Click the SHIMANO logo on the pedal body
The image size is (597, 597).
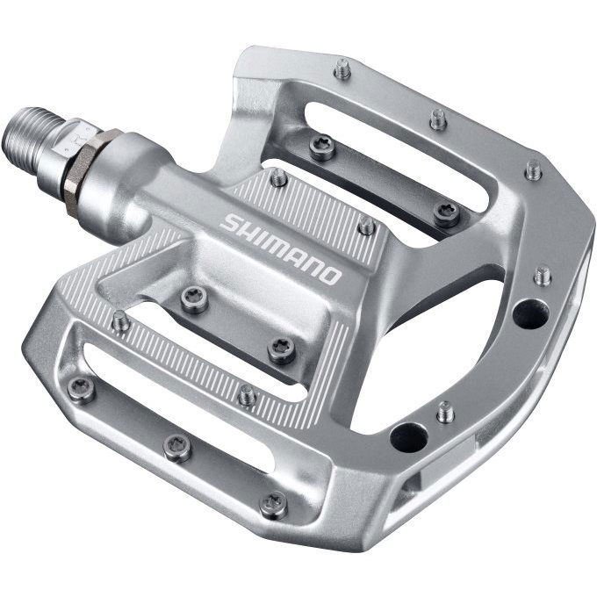[280, 248]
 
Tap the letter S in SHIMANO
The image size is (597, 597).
[228, 222]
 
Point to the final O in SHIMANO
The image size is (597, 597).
[331, 276]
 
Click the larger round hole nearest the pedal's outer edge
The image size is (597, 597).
[530, 313]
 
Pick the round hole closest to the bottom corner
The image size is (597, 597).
[408, 436]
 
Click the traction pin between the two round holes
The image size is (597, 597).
[446, 410]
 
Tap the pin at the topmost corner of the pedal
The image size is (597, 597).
[342, 68]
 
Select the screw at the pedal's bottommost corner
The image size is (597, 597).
[273, 504]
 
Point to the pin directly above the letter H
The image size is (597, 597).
[278, 178]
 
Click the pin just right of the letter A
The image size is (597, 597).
[367, 227]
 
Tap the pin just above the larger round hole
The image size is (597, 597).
[543, 275]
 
